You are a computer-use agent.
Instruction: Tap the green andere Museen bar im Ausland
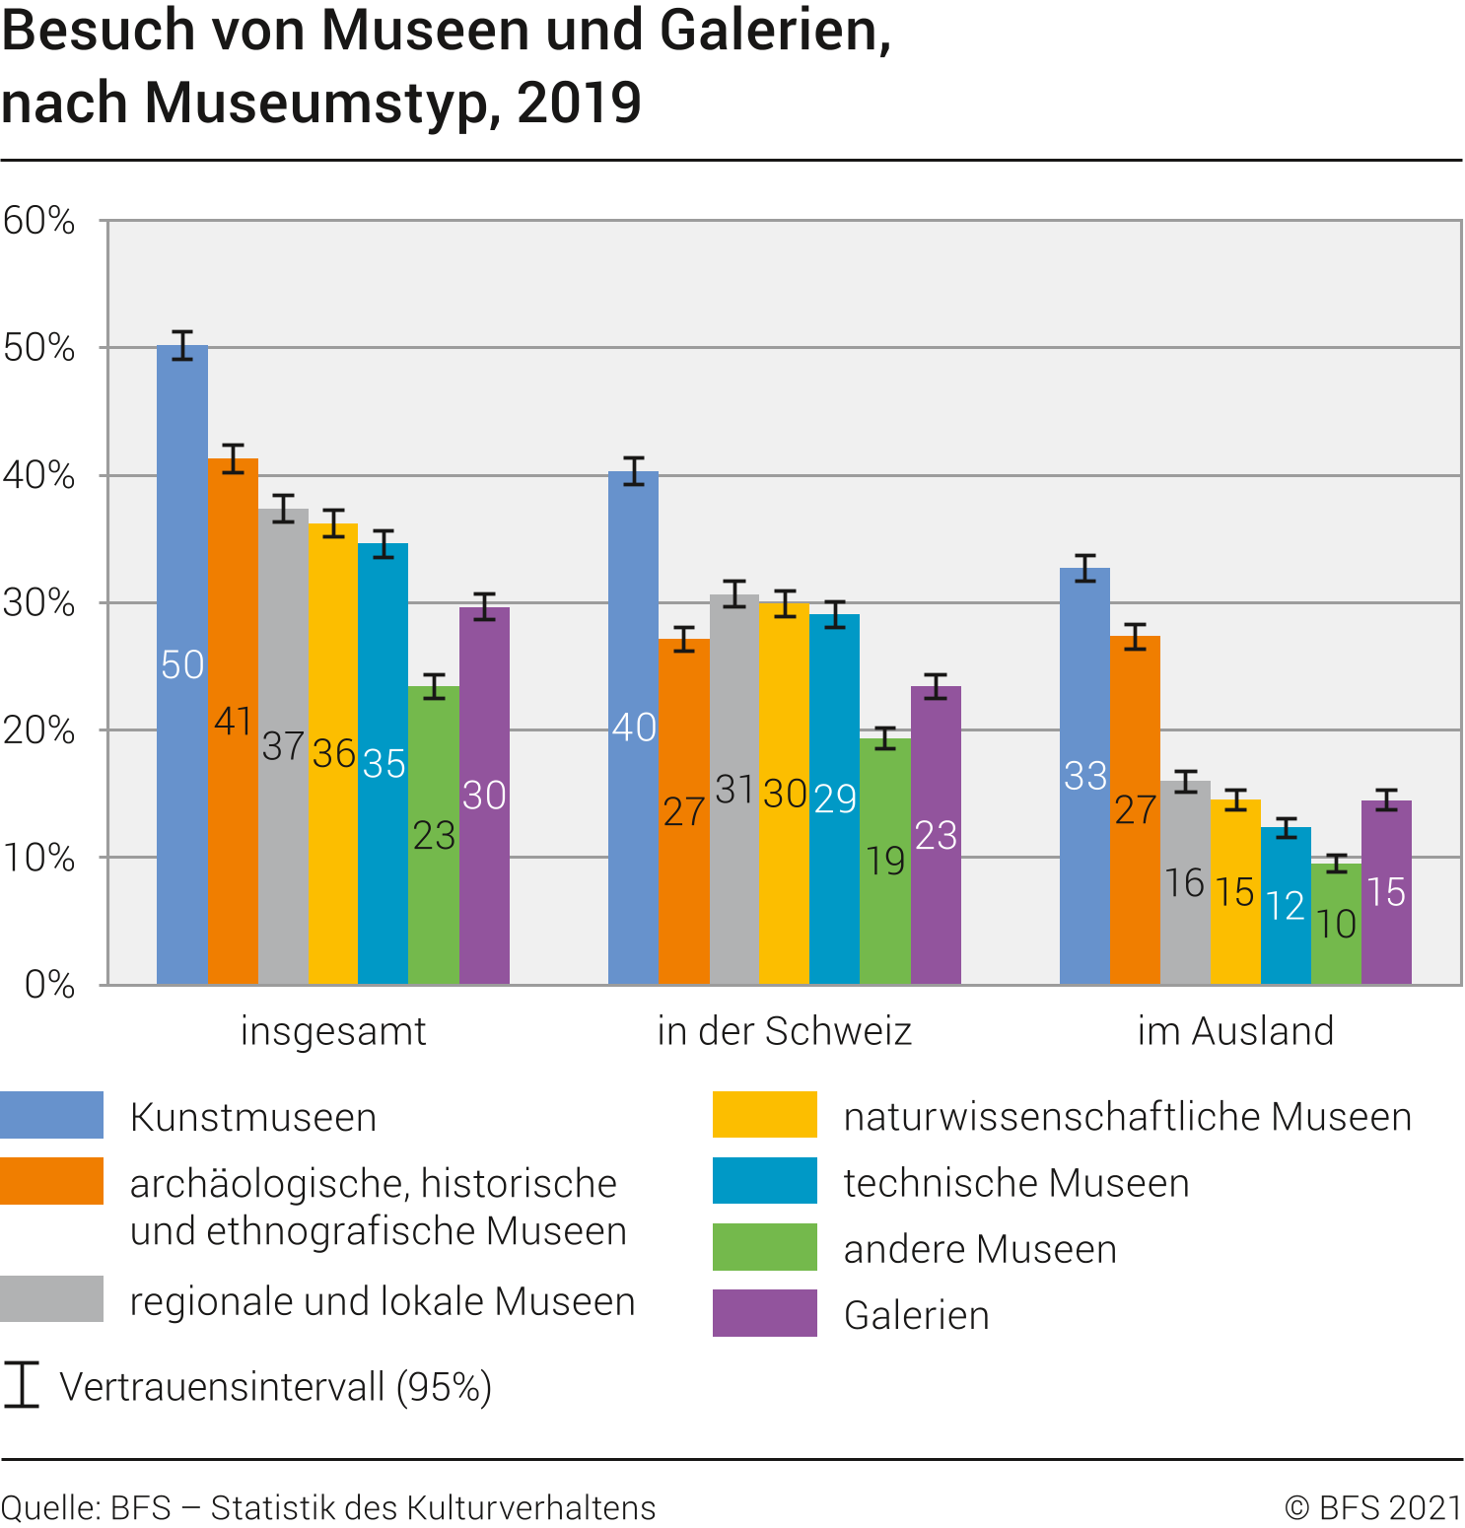(1336, 887)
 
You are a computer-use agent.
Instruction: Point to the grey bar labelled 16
(1185, 838)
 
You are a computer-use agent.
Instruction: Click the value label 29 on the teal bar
(835, 799)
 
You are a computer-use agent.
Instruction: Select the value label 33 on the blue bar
(1085, 776)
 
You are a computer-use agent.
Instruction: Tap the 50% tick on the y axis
(39, 348)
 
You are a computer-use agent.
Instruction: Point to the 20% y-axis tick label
(39, 730)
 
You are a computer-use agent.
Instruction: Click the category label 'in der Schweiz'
(784, 1031)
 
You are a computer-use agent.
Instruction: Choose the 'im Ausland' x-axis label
(1235, 1031)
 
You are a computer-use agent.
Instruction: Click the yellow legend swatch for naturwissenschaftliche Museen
(764, 1115)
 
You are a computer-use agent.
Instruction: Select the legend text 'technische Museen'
(1016, 1183)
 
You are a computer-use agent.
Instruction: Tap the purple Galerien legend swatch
(764, 1313)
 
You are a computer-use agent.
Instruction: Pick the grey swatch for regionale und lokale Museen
(51, 1298)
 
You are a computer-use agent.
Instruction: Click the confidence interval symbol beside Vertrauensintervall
(21, 1385)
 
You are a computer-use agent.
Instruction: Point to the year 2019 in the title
(579, 103)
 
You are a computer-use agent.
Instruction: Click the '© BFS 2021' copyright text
(1373, 1507)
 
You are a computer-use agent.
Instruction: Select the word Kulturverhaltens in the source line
(530, 1507)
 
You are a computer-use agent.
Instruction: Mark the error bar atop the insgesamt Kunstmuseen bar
(182, 345)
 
